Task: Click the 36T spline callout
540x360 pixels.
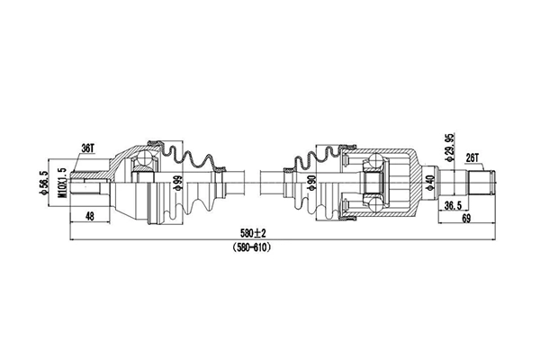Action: pyautogui.click(x=88, y=148)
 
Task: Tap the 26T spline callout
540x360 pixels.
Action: pyautogui.click(x=472, y=158)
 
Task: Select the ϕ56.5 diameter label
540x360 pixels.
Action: pyautogui.click(x=44, y=183)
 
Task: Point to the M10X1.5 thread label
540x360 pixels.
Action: pyautogui.click(x=62, y=183)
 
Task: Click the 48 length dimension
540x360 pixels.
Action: pyautogui.click(x=89, y=216)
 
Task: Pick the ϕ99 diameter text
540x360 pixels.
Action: pyautogui.click(x=178, y=183)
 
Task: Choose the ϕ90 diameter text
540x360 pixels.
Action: pyautogui.click(x=311, y=183)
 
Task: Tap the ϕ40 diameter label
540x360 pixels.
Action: pyautogui.click(x=430, y=183)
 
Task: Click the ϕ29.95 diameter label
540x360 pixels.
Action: pyautogui.click(x=449, y=147)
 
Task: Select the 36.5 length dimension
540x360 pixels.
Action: pyautogui.click(x=454, y=206)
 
